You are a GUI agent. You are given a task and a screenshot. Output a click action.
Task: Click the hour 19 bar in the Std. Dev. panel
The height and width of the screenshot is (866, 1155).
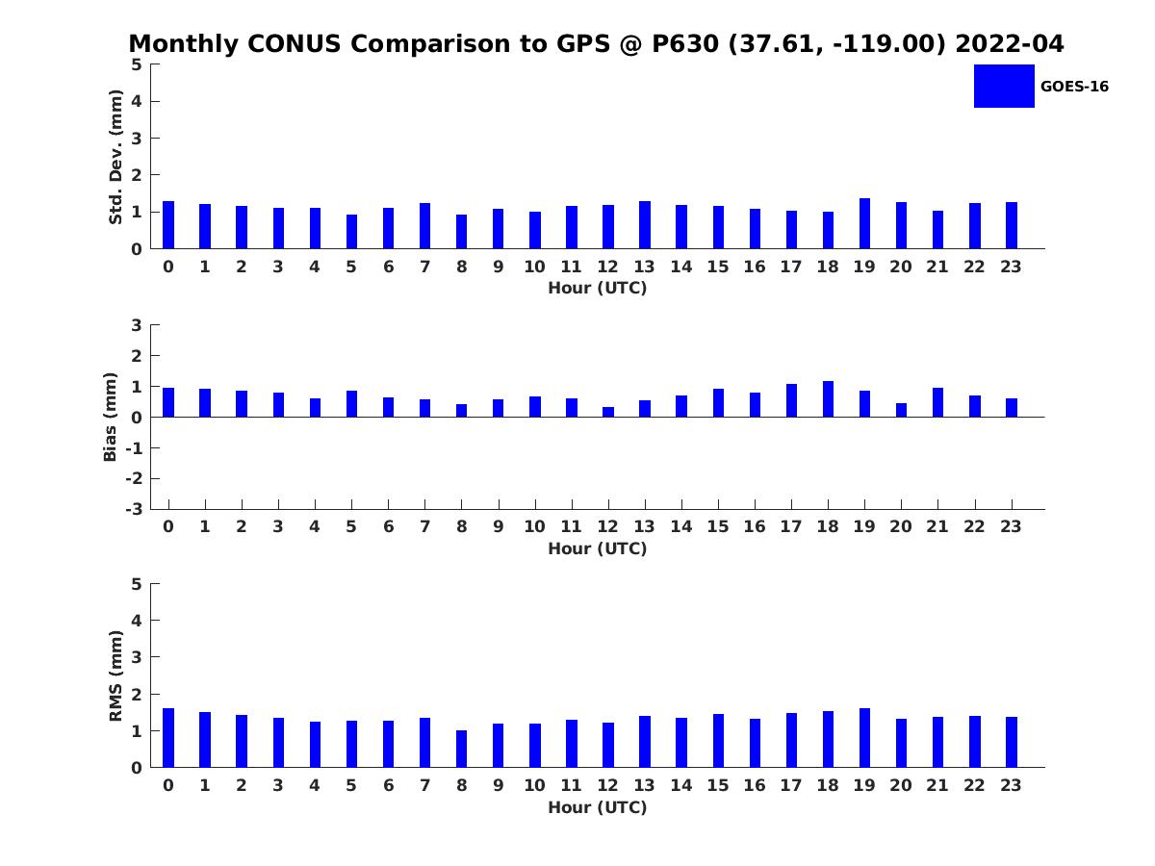click(x=864, y=223)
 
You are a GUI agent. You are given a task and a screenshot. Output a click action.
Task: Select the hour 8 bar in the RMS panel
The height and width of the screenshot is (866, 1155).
click(x=461, y=749)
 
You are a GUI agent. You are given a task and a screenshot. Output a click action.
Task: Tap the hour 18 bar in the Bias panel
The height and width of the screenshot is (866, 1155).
click(x=828, y=399)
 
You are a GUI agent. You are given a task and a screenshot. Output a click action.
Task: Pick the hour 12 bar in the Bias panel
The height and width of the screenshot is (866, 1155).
click(x=608, y=412)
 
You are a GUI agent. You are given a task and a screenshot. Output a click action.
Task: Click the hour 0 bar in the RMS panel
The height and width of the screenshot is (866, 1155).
click(x=168, y=738)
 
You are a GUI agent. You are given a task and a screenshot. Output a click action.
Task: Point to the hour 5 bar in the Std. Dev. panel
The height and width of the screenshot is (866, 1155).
click(x=351, y=231)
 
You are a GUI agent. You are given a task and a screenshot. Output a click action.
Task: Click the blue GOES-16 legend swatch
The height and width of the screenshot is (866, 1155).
click(x=1004, y=86)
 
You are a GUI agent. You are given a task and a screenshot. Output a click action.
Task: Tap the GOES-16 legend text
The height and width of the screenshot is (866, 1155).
click(x=1074, y=87)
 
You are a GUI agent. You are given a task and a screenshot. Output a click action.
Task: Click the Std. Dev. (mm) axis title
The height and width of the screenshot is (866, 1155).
click(x=115, y=157)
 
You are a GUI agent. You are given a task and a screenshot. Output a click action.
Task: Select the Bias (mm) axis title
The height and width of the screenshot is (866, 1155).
click(x=111, y=417)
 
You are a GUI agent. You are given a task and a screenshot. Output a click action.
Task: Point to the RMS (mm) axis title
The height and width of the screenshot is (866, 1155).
click(x=115, y=675)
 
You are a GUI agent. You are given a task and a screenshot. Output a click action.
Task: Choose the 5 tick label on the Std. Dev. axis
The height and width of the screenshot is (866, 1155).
click(x=138, y=64)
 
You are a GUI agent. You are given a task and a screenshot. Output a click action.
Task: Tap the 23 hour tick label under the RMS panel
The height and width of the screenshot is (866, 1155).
click(x=1010, y=785)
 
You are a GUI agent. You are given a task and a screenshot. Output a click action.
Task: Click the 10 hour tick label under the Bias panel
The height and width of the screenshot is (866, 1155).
click(x=534, y=526)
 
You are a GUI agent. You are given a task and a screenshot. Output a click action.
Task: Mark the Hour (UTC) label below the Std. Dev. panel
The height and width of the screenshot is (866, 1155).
click(x=597, y=289)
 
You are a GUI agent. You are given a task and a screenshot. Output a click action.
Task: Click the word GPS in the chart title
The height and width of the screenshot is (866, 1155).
click(x=588, y=44)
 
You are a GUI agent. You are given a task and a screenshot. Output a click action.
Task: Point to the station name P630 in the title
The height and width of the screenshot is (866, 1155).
click(x=686, y=44)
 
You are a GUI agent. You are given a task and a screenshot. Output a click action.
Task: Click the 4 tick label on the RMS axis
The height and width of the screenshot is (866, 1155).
click(x=138, y=621)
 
